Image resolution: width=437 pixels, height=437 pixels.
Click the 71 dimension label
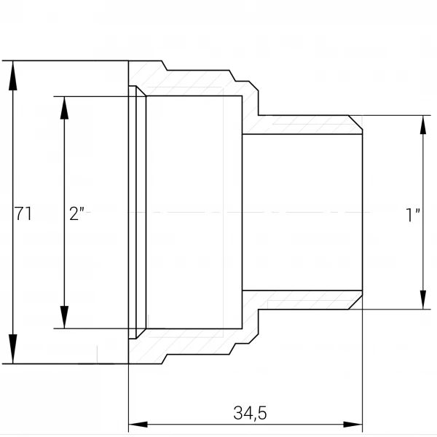(23, 213)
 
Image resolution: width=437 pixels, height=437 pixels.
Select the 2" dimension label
(76, 213)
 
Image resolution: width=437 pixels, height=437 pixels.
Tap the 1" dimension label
(413, 215)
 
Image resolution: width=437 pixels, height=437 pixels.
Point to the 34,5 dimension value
(250, 413)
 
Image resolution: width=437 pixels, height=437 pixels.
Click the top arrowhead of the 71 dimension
(13, 75)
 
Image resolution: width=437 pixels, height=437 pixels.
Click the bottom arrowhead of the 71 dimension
(13, 349)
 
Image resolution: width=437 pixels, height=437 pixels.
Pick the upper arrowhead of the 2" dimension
(64, 108)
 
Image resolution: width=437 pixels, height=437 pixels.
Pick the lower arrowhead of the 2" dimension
(64, 317)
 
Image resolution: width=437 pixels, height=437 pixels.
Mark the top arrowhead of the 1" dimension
(423, 125)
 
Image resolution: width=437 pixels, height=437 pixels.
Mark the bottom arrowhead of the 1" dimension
(423, 299)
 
